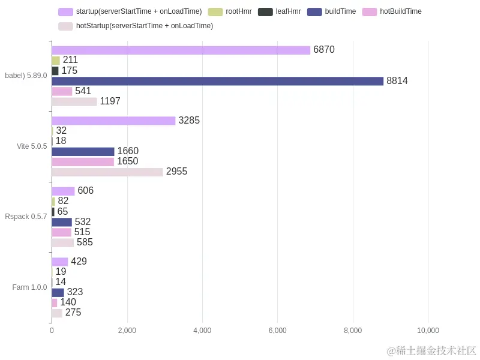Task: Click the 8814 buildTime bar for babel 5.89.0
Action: click(x=217, y=81)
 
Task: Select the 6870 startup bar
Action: click(x=181, y=50)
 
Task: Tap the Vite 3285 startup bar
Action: click(x=113, y=121)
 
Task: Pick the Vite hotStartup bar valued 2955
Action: click(x=107, y=172)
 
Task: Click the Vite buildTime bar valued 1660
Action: click(x=83, y=151)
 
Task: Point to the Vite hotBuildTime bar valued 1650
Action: click(x=83, y=161)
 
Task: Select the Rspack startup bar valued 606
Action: click(x=63, y=191)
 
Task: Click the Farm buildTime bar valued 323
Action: click(x=58, y=292)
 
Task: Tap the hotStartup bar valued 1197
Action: click(x=74, y=101)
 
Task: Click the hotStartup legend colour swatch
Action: click(x=65, y=26)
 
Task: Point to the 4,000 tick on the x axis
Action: click(x=202, y=331)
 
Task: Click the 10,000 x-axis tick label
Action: click(x=428, y=331)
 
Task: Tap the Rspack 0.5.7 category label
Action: click(x=26, y=217)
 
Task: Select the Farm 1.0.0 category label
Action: click(x=29, y=287)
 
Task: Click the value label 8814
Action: click(x=397, y=81)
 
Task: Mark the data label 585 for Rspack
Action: click(x=85, y=242)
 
